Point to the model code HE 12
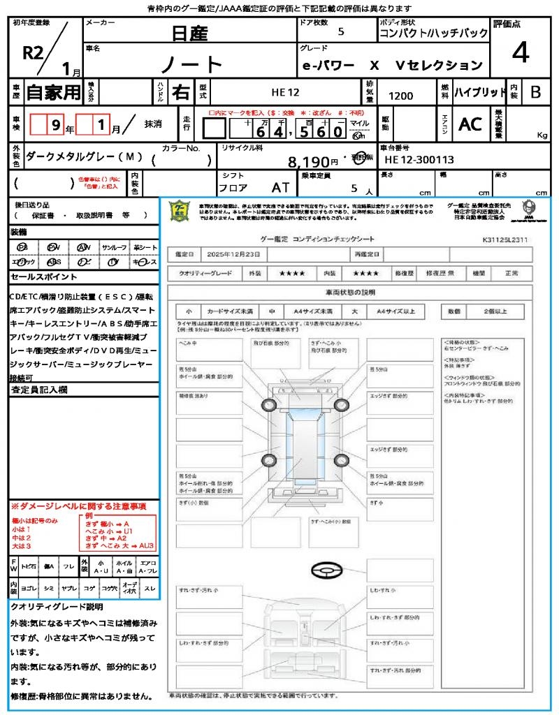[285, 91]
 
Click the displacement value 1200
[400, 96]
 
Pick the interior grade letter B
[535, 91]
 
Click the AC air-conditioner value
[470, 124]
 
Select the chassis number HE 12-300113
[419, 160]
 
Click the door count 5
[340, 31]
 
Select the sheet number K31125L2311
[504, 239]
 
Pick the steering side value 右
[181, 91]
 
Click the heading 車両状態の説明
[350, 292]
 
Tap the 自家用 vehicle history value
[54, 91]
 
